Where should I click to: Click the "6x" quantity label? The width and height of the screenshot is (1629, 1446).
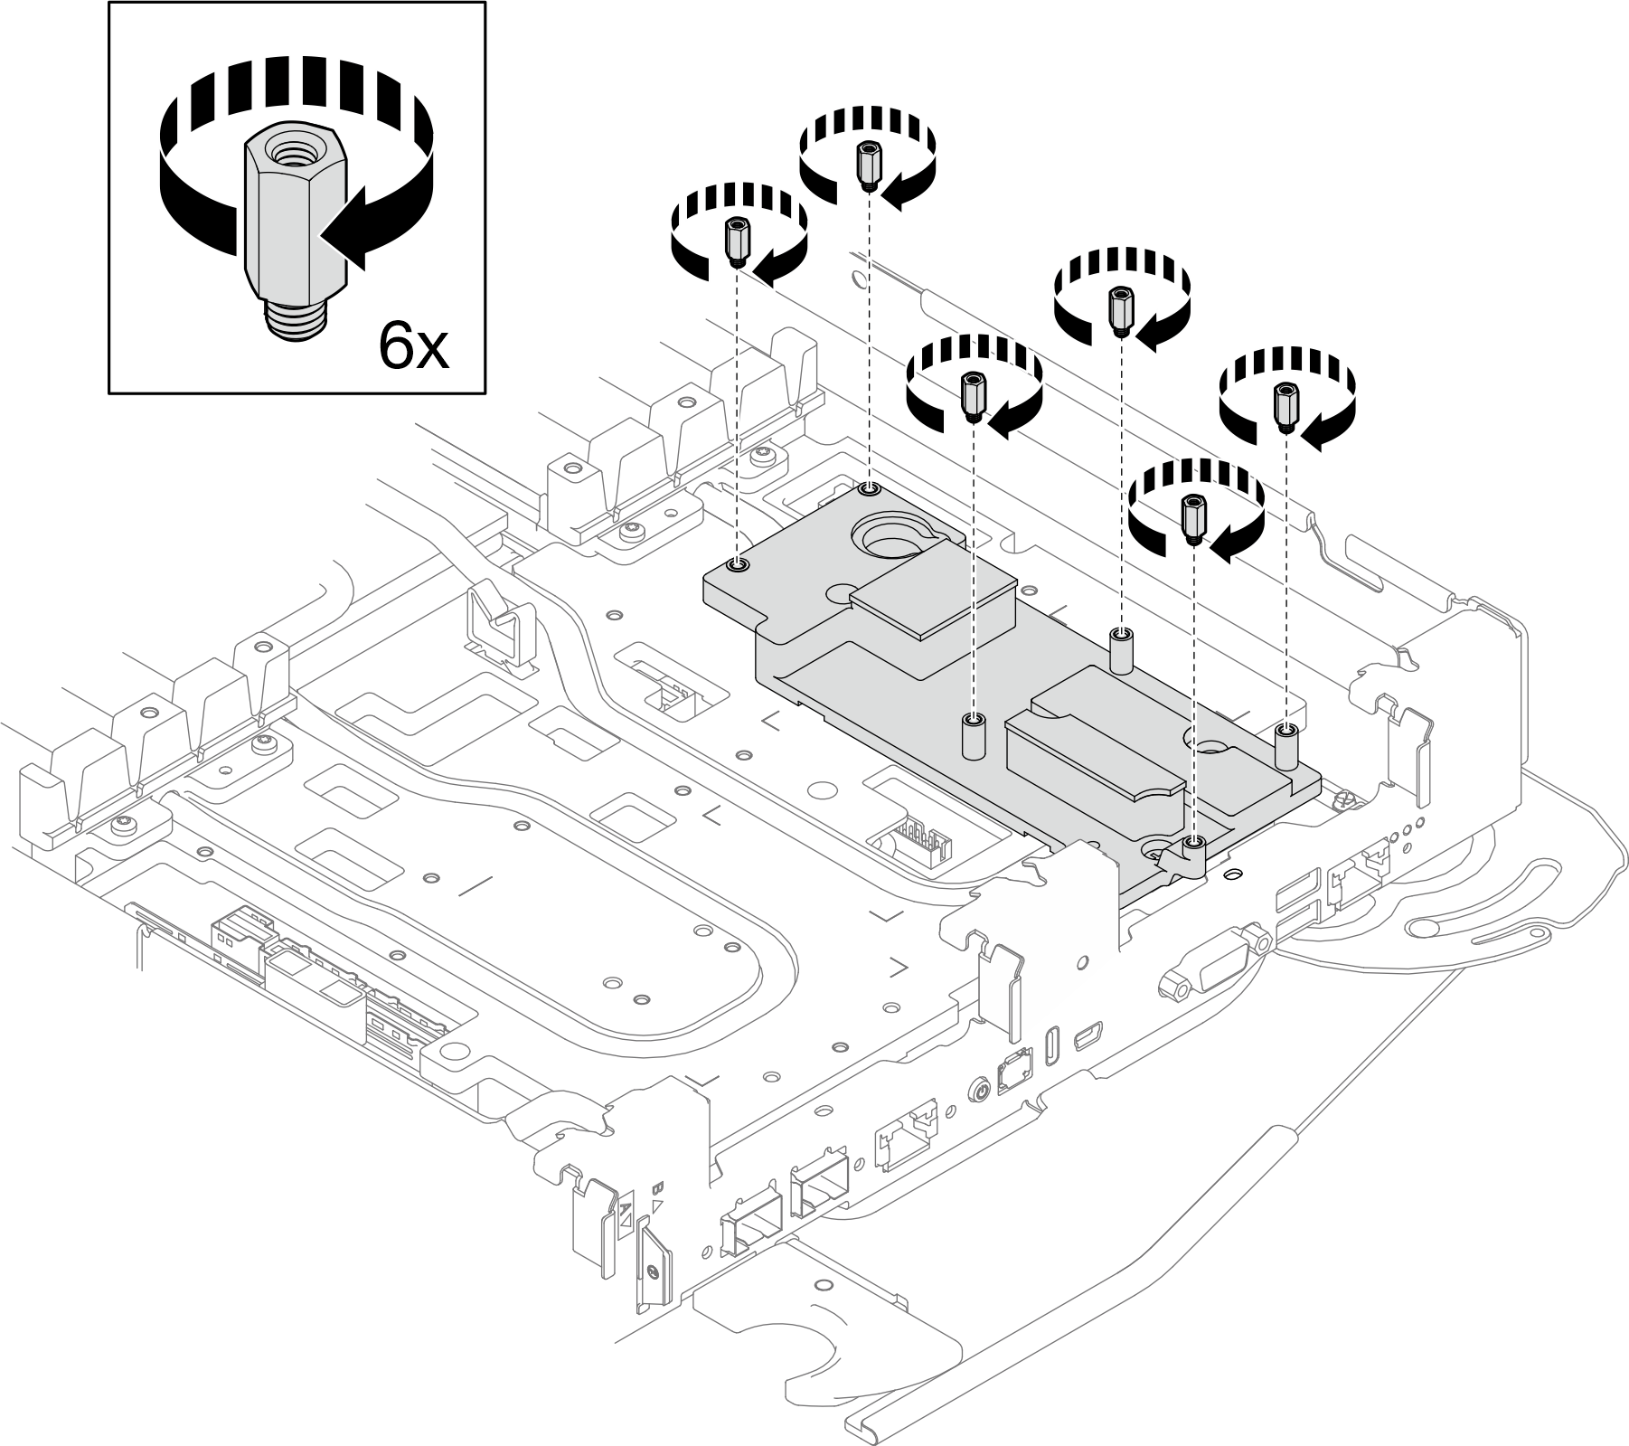(x=413, y=345)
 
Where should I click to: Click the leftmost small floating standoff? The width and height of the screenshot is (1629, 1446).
(x=736, y=240)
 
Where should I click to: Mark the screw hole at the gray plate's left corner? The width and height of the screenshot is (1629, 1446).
(x=739, y=564)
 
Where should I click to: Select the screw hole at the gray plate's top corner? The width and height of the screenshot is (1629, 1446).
(x=870, y=489)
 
